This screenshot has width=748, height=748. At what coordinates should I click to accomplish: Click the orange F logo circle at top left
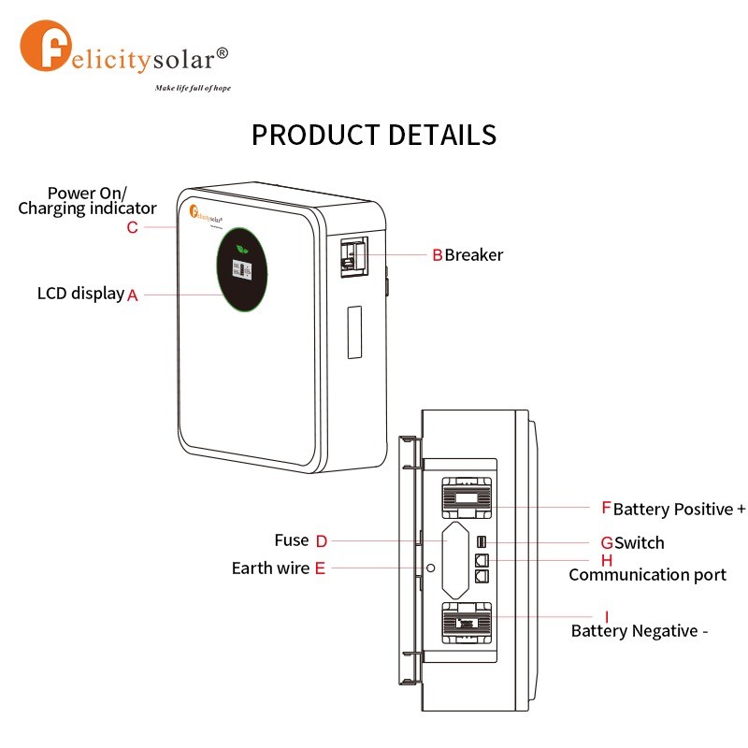46,46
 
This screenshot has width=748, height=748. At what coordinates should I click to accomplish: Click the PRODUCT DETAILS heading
374,135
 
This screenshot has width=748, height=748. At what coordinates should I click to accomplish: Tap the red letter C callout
132,227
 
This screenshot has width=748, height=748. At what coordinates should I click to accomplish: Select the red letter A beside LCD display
132,295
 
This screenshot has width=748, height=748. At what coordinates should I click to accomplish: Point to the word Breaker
474,255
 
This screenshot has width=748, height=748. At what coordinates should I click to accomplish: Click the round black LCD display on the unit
242,269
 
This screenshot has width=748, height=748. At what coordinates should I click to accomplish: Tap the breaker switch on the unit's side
354,256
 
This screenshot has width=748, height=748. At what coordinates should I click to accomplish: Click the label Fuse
292,540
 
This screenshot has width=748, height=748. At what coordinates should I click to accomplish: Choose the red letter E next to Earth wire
320,568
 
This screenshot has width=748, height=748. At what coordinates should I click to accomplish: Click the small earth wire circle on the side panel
431,568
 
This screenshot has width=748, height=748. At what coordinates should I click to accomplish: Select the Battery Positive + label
680,509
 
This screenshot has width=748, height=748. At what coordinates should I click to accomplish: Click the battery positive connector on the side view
467,498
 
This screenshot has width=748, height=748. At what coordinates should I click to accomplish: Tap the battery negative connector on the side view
467,623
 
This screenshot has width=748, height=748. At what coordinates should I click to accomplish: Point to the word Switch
640,543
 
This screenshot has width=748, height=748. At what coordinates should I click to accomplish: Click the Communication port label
647,575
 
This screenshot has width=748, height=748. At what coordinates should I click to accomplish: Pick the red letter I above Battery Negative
607,617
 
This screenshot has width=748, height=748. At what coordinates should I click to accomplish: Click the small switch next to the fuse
482,542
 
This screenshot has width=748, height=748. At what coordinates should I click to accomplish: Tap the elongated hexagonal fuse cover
455,560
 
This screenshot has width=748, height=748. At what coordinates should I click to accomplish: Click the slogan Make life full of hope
193,88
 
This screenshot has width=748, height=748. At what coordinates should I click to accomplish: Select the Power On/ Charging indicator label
87,201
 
